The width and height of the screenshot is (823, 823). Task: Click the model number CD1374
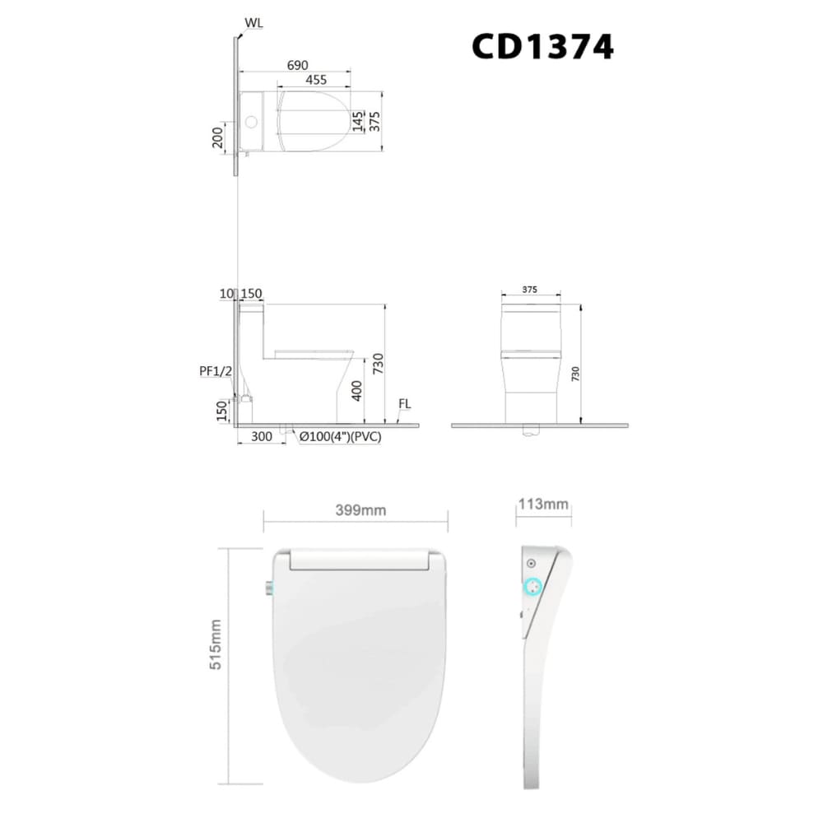pos(542,47)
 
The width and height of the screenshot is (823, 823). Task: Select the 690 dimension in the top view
pos(297,63)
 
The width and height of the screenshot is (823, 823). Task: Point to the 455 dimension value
pos(315,80)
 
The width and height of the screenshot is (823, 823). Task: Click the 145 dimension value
pos(357,122)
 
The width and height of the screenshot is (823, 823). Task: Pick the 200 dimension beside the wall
pos(217,137)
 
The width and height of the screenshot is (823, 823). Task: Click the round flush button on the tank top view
pos(252,123)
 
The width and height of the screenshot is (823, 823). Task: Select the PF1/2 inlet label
pos(216,370)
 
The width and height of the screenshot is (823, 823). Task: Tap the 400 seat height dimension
pos(357,390)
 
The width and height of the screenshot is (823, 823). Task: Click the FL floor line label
pos(404,405)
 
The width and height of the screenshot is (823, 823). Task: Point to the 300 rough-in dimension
pos(263,438)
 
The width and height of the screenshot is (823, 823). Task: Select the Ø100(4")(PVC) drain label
pos(340,438)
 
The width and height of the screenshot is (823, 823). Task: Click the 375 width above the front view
pos(531,290)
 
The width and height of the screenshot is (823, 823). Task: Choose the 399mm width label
pos(360,510)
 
